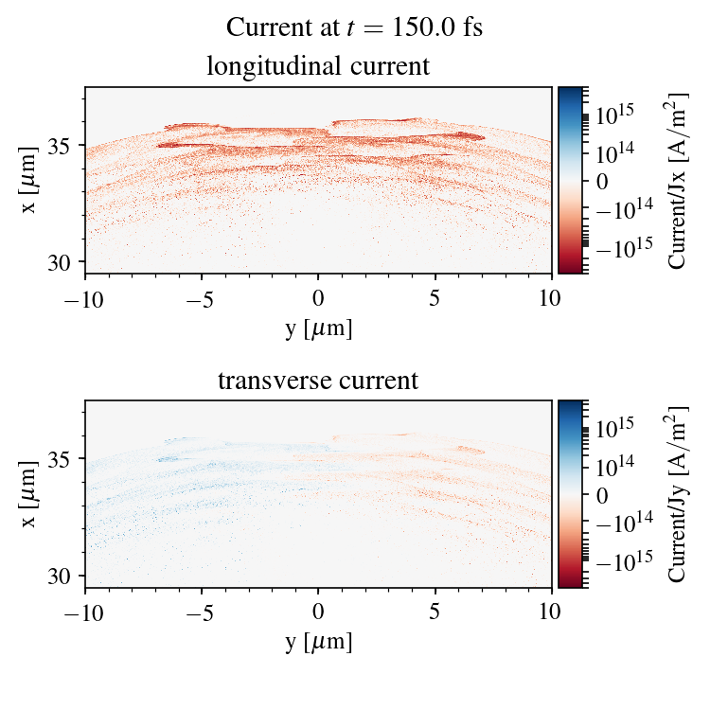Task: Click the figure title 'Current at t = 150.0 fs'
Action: (x=354, y=27)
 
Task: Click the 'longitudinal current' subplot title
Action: (x=318, y=67)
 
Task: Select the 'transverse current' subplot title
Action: (x=318, y=382)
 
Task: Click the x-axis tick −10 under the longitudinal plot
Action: (x=85, y=296)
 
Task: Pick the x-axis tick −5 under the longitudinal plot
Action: (x=202, y=296)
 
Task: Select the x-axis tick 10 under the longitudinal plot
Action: (x=552, y=296)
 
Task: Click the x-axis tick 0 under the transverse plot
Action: (x=318, y=611)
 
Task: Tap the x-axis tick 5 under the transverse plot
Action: (x=435, y=611)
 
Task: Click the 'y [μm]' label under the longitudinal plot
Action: (x=318, y=328)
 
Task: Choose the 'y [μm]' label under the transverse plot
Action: (x=318, y=642)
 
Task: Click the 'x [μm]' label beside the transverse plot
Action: (x=31, y=493)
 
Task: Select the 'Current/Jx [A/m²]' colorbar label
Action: (x=677, y=180)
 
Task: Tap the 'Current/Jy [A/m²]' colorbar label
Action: (x=677, y=494)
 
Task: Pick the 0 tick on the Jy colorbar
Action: (x=601, y=494)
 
